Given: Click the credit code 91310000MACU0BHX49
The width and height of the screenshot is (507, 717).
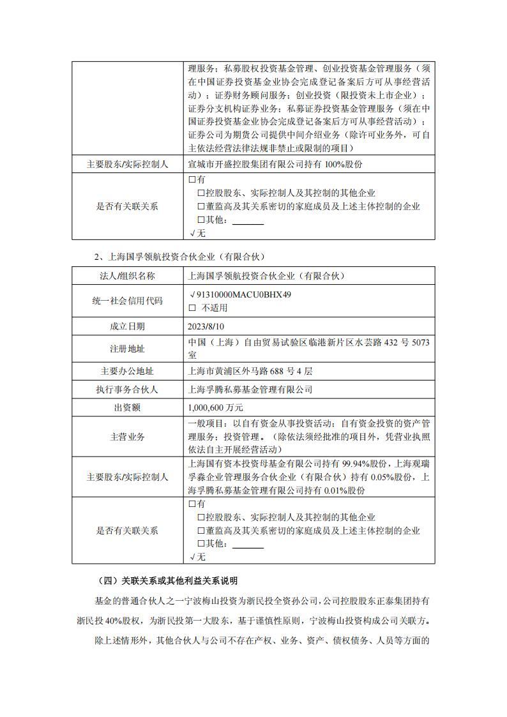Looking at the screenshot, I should click(243, 295).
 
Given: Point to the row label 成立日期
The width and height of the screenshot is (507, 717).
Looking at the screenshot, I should click(127, 326).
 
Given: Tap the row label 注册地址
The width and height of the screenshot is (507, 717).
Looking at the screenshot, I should click(127, 349).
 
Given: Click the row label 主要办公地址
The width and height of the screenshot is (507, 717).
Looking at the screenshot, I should click(127, 371).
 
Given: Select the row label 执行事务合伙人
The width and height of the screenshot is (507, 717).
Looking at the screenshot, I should click(127, 389).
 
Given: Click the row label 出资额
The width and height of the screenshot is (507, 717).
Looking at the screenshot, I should click(127, 407).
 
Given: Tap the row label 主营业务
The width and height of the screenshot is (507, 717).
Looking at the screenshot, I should click(127, 437).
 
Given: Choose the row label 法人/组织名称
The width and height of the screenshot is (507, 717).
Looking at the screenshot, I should click(127, 276).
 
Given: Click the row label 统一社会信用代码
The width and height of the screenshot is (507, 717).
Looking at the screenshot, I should click(127, 301).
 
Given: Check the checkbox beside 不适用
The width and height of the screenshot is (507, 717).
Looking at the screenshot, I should click(192, 308).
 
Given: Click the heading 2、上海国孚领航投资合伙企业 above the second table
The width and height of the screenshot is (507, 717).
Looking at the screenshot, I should click(179, 257).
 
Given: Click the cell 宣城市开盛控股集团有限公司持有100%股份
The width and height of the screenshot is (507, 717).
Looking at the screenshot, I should click(275, 165).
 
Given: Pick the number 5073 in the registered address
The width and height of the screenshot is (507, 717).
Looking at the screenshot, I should click(418, 343).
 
